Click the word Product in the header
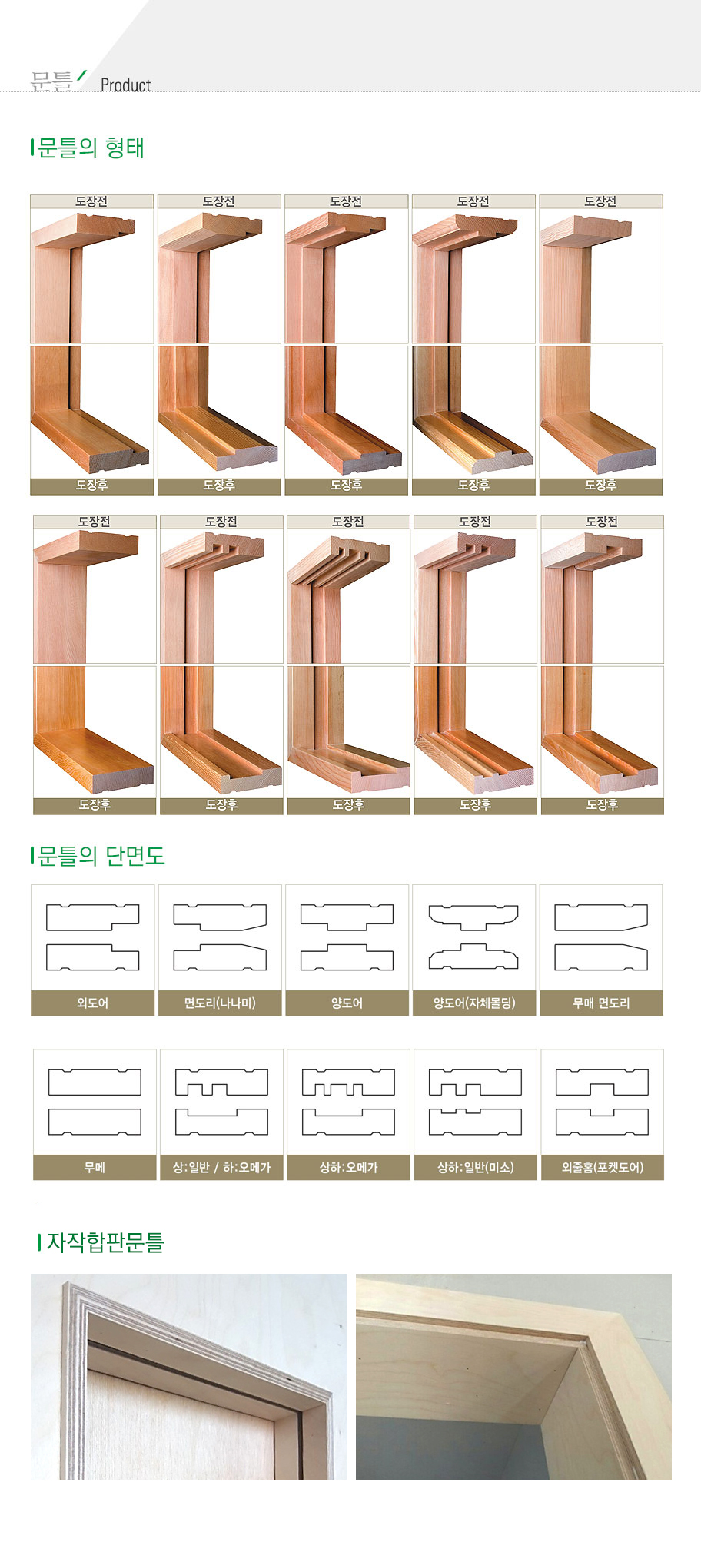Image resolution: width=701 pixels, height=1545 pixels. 125,85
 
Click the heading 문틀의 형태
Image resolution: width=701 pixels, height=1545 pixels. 91,148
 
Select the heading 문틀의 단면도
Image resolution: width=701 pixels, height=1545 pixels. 101,856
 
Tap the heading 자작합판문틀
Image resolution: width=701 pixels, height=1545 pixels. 105,1242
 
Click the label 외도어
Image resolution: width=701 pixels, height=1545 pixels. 92,1003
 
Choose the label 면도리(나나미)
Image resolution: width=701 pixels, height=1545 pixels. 220,1003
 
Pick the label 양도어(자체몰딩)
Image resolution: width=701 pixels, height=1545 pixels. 474,1003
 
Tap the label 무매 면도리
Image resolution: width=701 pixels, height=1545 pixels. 601,1003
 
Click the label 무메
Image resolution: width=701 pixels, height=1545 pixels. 95,1167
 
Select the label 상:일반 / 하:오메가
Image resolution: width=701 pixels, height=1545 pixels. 221,1167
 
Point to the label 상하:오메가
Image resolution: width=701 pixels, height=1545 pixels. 348,1167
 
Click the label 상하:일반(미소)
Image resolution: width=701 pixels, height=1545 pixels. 475,1167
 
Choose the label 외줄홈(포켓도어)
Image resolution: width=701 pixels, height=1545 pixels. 603,1167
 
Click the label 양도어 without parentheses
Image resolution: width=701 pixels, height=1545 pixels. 347,1003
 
